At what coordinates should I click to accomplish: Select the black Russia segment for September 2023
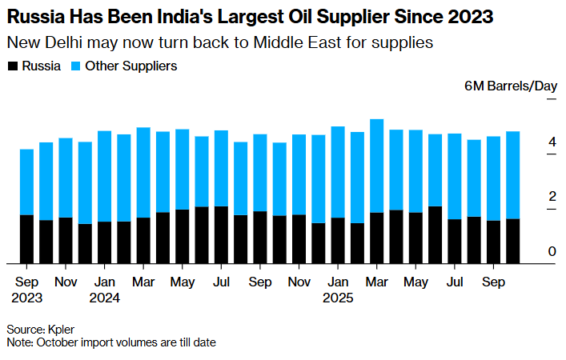(27, 238)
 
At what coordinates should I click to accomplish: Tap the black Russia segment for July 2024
(221, 234)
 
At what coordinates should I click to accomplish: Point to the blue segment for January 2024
(104, 176)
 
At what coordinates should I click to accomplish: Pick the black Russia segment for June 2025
(435, 234)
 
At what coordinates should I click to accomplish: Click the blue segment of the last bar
(513, 174)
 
